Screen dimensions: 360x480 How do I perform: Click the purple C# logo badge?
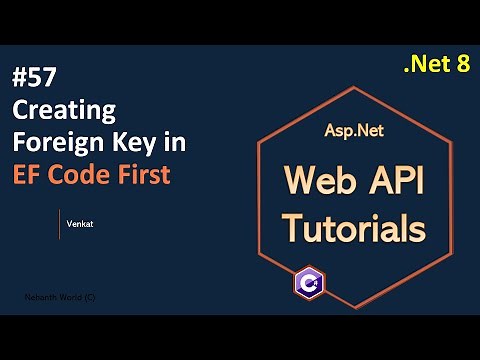click(x=307, y=281)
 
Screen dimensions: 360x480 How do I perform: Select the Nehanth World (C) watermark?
click(x=61, y=298)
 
